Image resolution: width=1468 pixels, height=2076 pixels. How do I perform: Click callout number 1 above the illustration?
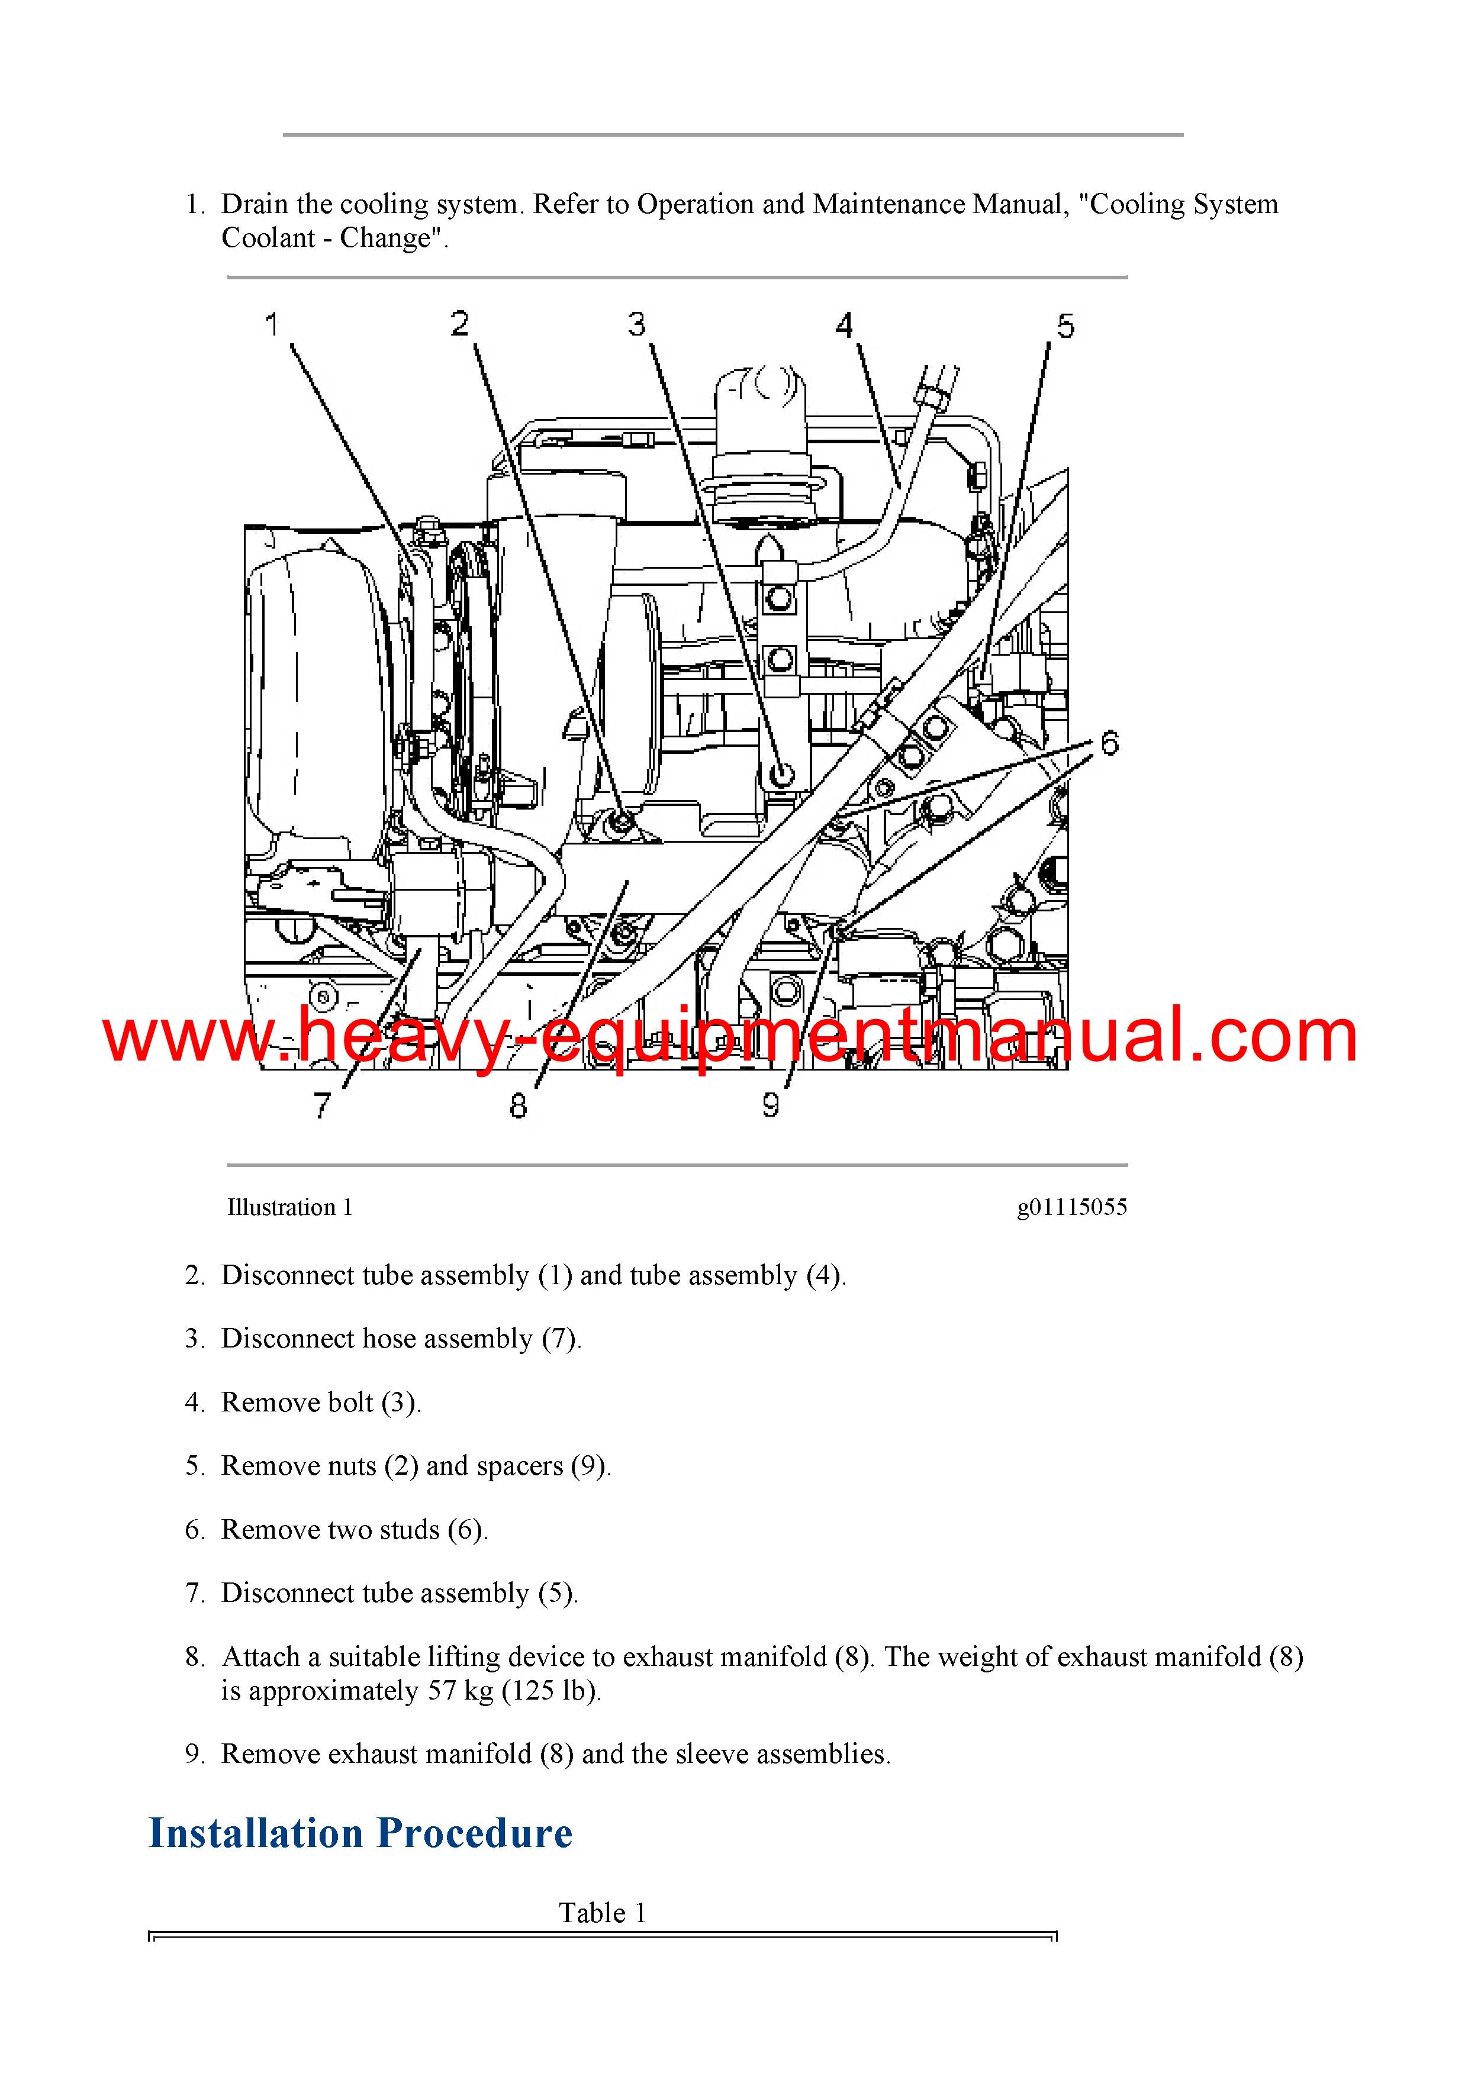(x=271, y=324)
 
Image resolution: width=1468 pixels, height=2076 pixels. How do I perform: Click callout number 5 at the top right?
(x=1065, y=325)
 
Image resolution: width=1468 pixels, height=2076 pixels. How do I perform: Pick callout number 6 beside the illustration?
(x=1110, y=743)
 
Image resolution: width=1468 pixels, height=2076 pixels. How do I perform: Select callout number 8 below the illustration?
(x=519, y=1105)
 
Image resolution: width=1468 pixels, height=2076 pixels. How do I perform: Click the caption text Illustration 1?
(x=289, y=1207)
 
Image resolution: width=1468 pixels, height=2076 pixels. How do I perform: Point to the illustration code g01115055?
(x=1072, y=1208)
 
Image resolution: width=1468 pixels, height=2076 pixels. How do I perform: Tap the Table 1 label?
(x=603, y=1913)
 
